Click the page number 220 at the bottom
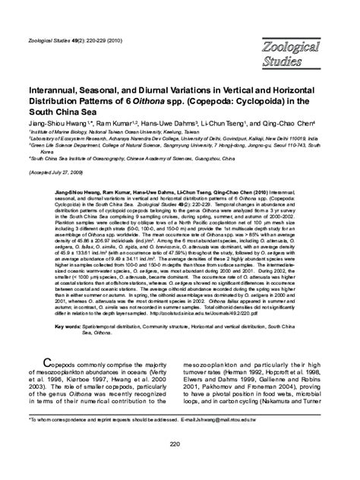(x=179, y=444)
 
